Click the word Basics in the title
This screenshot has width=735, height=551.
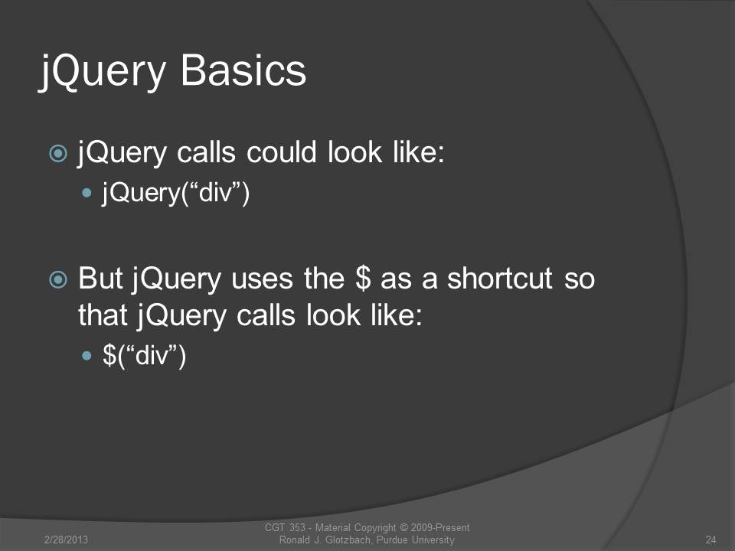pyautogui.click(x=243, y=70)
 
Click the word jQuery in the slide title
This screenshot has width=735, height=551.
pyautogui.click(x=102, y=72)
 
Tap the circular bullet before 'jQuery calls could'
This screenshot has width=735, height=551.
pyautogui.click(x=58, y=153)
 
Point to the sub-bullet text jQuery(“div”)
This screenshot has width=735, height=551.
pyautogui.click(x=176, y=193)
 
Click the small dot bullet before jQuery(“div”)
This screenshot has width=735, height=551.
pyautogui.click(x=87, y=192)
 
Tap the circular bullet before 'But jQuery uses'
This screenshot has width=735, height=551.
pyautogui.click(x=58, y=280)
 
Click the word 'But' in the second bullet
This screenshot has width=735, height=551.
pyautogui.click(x=100, y=279)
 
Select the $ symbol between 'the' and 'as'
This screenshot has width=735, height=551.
pyautogui.click(x=363, y=279)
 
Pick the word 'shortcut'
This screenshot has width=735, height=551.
pyautogui.click(x=500, y=279)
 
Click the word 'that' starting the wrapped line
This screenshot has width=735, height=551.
pyautogui.click(x=103, y=315)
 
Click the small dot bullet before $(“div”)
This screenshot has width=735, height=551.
pyautogui.click(x=87, y=356)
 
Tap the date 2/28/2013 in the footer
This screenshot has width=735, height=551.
pyautogui.click(x=66, y=540)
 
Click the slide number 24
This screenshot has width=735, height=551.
pyautogui.click(x=710, y=540)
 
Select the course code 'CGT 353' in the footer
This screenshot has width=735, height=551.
pyautogui.click(x=285, y=527)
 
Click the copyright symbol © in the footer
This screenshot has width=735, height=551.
pyautogui.click(x=403, y=527)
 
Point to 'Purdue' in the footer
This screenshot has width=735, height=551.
pyautogui.click(x=392, y=540)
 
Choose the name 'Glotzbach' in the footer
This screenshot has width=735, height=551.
pyautogui.click(x=348, y=540)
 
